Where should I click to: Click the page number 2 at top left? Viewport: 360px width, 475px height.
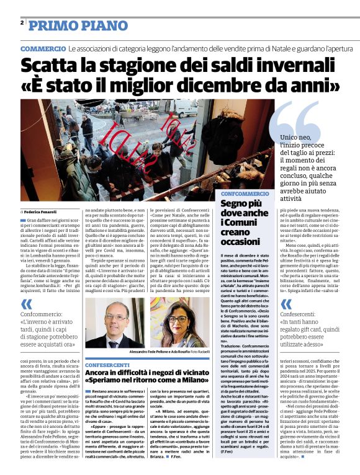[22, 23]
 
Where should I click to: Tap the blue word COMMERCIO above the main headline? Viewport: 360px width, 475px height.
[43, 48]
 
